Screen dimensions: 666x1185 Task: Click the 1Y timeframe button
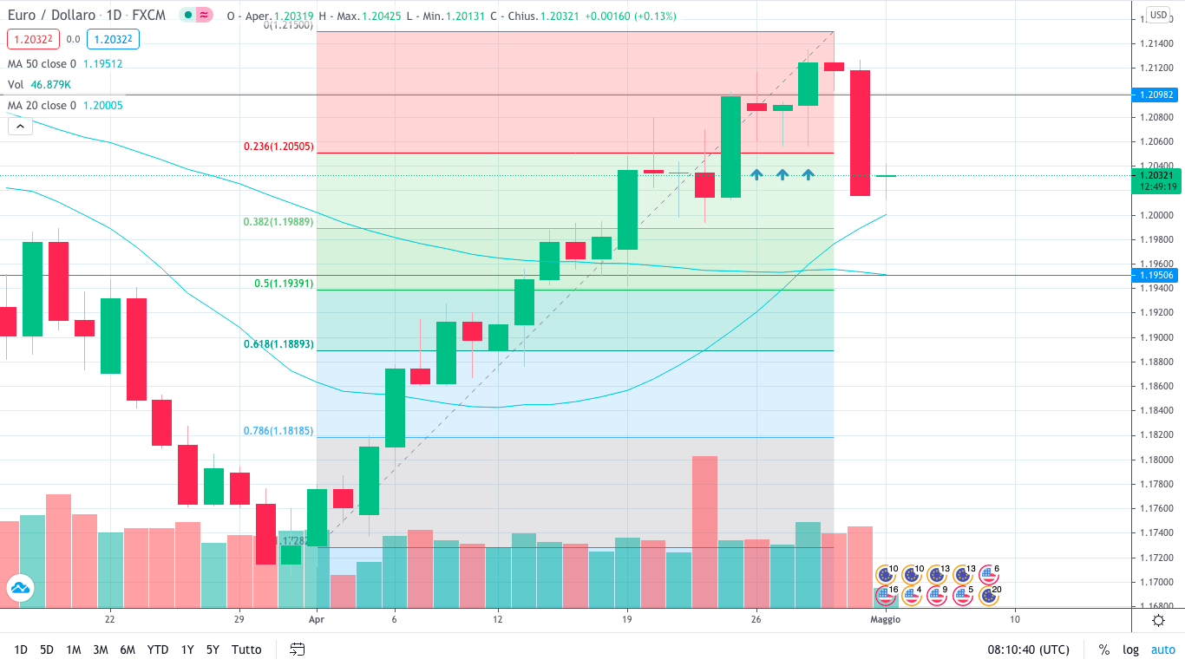(x=187, y=650)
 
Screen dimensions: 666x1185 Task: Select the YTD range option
(x=158, y=650)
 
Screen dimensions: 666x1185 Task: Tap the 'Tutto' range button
(x=246, y=650)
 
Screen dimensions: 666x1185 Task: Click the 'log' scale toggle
(x=1130, y=650)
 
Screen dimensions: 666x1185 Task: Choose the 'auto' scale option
(x=1162, y=650)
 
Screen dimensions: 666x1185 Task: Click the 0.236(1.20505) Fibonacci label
(x=279, y=147)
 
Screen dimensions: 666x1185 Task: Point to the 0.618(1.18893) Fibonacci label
(x=279, y=344)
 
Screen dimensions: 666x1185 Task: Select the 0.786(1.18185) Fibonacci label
(x=279, y=430)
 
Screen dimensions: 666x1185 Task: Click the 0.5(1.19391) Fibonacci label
(x=283, y=284)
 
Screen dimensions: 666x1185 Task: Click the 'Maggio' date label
(x=885, y=619)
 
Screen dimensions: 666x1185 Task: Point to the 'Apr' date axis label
(x=316, y=619)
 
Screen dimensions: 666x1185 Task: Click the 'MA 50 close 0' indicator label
(x=42, y=63)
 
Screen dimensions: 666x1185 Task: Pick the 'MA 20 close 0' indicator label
(x=42, y=105)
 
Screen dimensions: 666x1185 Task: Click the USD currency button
(x=1158, y=15)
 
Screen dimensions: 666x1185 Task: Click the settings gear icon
(x=1158, y=619)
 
